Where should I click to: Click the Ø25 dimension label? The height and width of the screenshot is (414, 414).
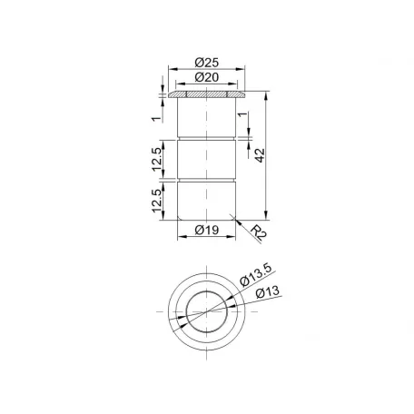tap(207, 63)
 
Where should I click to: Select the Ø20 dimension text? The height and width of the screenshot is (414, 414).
tap(207, 77)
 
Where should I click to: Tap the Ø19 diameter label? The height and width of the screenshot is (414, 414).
tap(207, 230)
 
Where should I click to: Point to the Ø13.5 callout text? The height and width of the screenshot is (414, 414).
tap(256, 275)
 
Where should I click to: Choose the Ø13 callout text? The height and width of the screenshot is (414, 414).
tap(268, 292)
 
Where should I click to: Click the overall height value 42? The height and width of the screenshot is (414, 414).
tap(260, 155)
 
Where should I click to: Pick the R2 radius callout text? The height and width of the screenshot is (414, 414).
tap(258, 232)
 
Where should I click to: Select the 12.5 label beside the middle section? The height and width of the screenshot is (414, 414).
tap(157, 160)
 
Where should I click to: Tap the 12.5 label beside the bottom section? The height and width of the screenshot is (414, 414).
tap(157, 201)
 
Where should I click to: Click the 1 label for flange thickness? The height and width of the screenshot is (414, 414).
tap(157, 118)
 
